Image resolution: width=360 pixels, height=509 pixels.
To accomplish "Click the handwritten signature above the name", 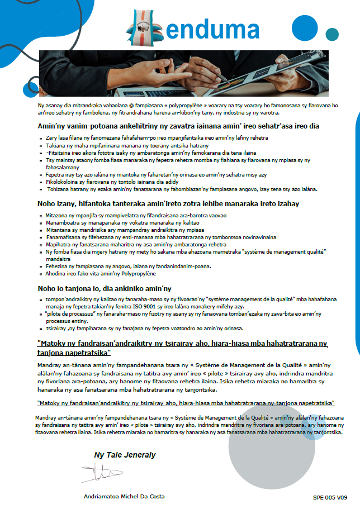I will coord(104,473).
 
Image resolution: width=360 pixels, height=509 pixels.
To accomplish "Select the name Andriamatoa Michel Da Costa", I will coord(124,496).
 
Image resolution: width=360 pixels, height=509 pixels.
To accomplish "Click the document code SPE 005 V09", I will coord(330,497).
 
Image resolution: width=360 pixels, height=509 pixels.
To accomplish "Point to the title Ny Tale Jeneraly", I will coord(125,455).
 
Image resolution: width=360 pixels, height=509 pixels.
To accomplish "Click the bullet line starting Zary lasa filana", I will coord(142,137).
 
